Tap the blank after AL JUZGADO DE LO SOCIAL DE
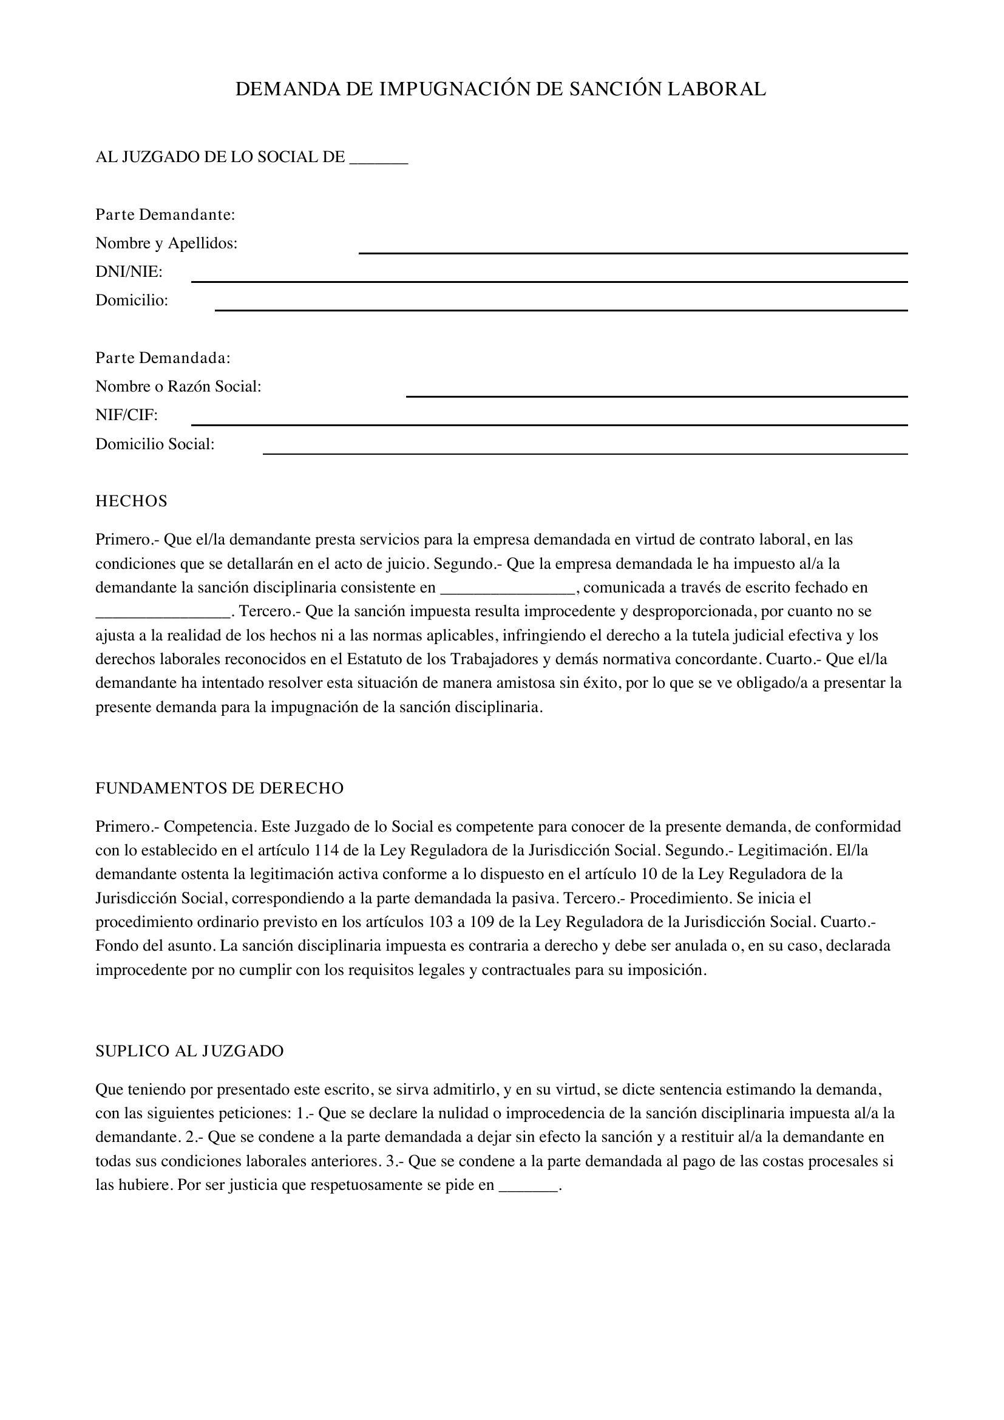point(378,158)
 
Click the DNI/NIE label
point(129,272)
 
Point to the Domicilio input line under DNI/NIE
point(561,305)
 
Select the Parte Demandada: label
point(163,358)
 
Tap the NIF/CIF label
point(126,416)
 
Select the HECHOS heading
point(131,501)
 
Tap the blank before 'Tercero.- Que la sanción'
point(163,613)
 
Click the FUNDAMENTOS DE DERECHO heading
point(219,789)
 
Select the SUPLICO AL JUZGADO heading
point(189,1051)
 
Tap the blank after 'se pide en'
point(527,1186)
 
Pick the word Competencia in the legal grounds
point(208,827)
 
